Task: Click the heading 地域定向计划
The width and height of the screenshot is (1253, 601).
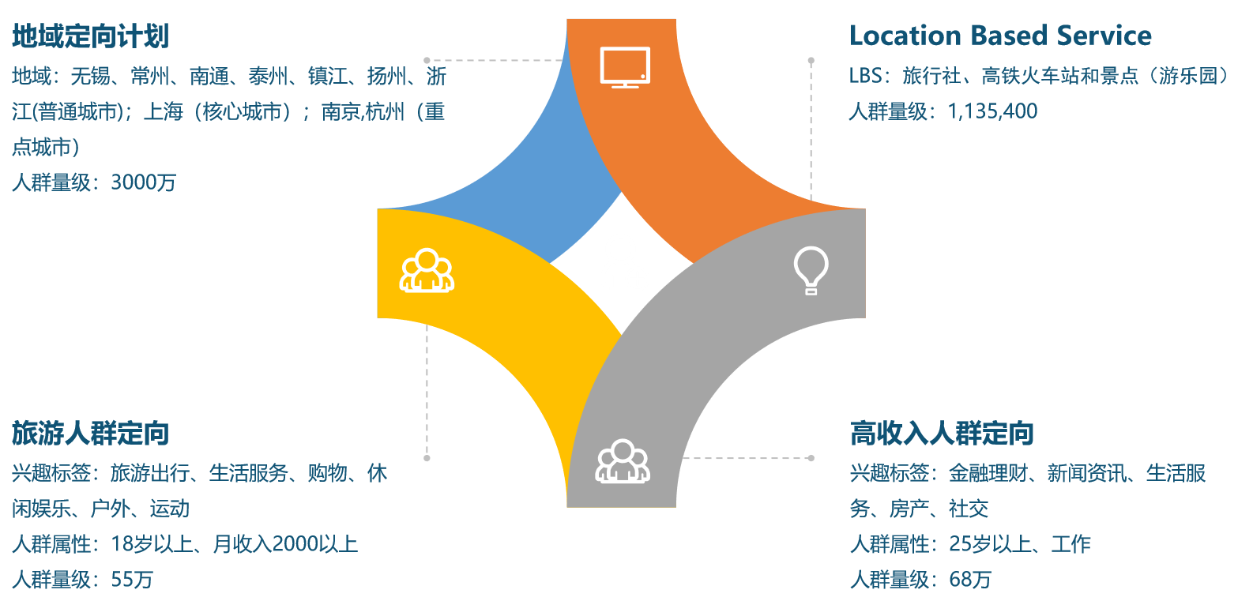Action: point(90,36)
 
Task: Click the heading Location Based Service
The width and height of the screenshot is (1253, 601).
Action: point(1000,36)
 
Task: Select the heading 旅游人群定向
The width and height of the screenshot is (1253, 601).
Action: point(90,434)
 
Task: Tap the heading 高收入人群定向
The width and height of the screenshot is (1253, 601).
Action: point(942,434)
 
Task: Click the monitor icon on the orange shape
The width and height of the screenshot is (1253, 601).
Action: point(625,67)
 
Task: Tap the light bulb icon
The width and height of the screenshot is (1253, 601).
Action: point(811,270)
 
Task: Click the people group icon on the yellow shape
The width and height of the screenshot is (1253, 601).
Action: point(427,271)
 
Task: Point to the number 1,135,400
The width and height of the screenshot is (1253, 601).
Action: point(992,111)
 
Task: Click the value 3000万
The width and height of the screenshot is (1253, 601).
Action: point(143,182)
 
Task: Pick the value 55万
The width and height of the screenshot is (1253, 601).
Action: point(132,580)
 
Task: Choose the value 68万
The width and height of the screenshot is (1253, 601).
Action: point(970,580)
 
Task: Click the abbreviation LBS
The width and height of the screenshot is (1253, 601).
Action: point(865,76)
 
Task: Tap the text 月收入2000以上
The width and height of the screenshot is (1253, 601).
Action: point(285,544)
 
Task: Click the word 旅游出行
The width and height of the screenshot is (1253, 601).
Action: point(149,473)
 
